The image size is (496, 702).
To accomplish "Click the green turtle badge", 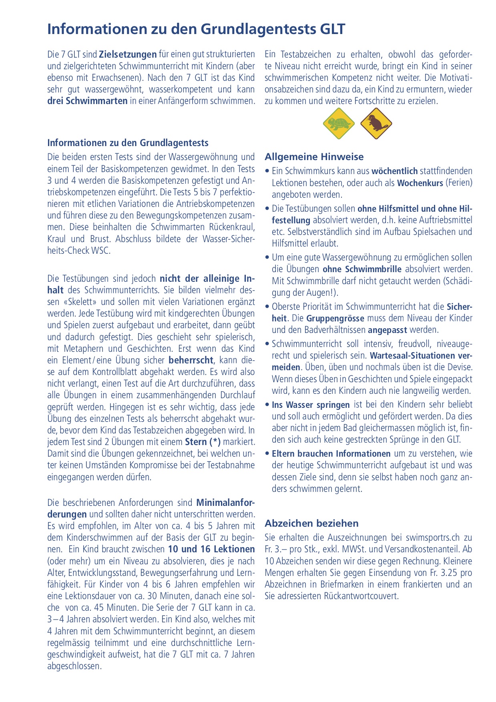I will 339,123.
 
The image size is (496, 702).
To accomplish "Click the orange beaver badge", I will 376,123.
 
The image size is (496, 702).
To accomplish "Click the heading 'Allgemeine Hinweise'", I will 314,156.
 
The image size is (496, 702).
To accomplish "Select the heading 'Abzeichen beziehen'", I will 311,523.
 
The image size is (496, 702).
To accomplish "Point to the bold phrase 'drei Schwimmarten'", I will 87,101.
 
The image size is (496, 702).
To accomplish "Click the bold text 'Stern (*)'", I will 203,442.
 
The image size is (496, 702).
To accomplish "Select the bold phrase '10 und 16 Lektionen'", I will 211,549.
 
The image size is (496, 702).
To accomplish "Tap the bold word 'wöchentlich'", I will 394,171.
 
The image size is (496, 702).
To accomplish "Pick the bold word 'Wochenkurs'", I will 420,183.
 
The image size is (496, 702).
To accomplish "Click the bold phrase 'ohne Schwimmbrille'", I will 362,269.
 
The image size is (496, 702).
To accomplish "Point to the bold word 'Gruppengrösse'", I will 335,318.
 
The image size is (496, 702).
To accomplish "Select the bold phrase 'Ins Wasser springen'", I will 311,405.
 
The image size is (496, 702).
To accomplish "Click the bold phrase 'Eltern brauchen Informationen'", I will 331,453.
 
